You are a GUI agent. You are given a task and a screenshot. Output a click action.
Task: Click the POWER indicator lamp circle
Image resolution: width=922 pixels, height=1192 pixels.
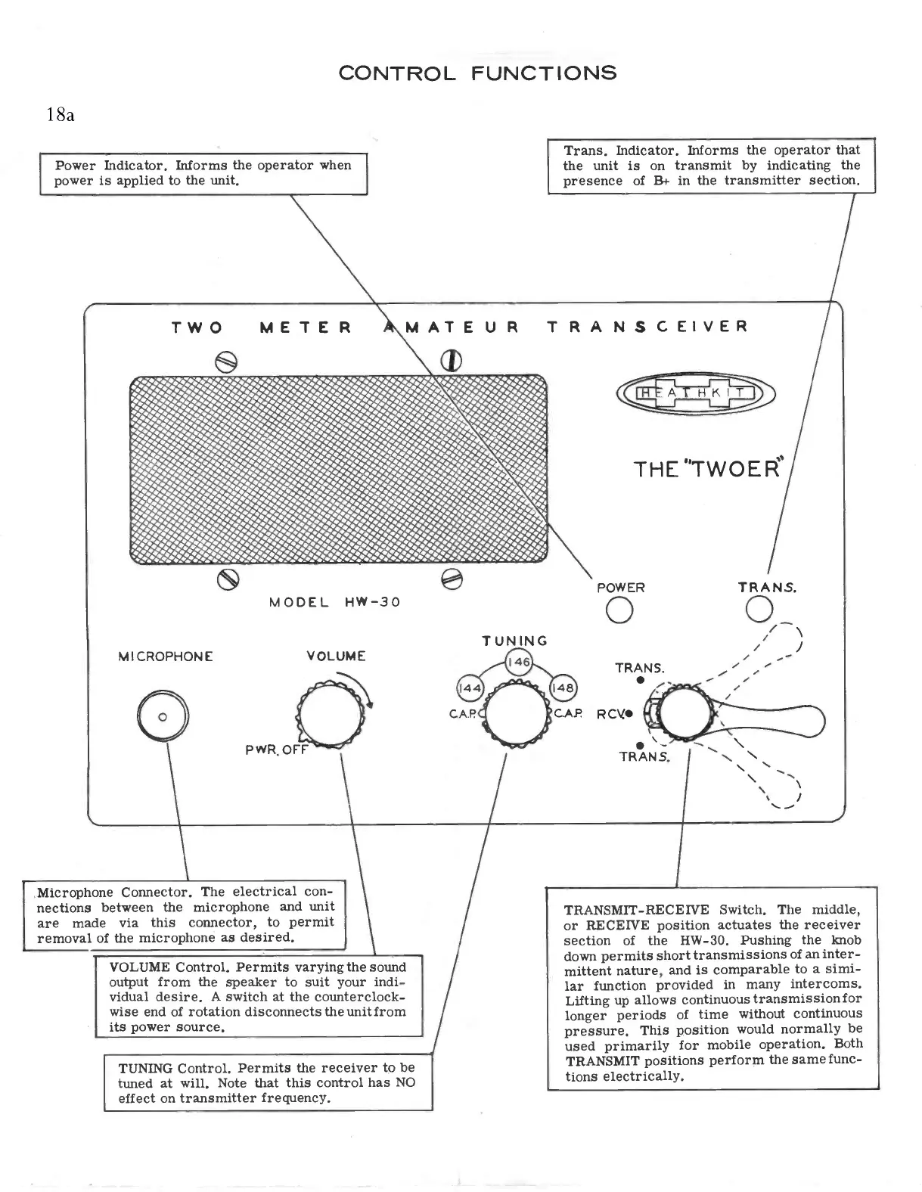pyautogui.click(x=620, y=610)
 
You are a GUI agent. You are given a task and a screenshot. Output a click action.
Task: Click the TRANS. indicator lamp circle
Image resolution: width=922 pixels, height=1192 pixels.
pyautogui.click(x=759, y=609)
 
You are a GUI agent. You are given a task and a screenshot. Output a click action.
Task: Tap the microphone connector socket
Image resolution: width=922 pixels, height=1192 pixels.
pyautogui.click(x=162, y=716)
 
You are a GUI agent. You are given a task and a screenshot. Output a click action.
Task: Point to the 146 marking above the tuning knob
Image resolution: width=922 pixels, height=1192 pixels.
pyautogui.click(x=519, y=663)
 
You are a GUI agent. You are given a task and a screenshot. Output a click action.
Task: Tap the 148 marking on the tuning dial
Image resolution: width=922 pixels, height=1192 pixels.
pyautogui.click(x=563, y=688)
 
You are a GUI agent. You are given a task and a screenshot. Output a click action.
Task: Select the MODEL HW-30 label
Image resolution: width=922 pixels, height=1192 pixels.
pyautogui.click(x=334, y=603)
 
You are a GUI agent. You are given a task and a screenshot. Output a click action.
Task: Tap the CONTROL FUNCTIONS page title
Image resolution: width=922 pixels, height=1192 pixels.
pyautogui.click(x=477, y=73)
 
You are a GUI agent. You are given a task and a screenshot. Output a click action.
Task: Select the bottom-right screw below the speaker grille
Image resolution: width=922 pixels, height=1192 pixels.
pyautogui.click(x=452, y=579)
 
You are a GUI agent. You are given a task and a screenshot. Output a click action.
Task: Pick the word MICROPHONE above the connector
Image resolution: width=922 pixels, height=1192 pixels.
pyautogui.click(x=166, y=657)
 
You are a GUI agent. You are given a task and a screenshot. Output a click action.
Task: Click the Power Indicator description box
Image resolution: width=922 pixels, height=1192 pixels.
pyautogui.click(x=203, y=173)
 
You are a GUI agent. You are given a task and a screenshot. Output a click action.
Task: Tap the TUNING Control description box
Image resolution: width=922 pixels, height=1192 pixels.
pyautogui.click(x=268, y=1082)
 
